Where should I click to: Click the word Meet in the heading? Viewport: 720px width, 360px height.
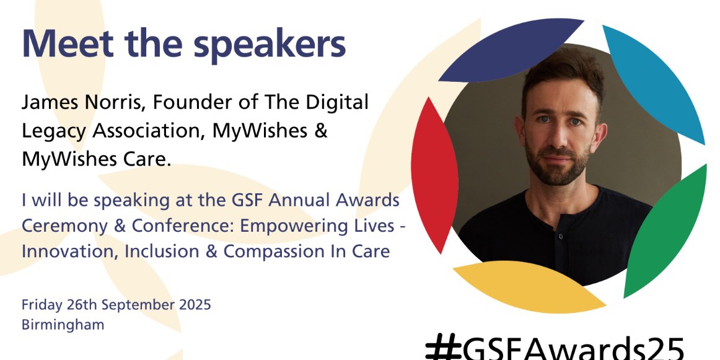pos(68,43)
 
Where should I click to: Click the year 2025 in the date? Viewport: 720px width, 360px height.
pos(194,305)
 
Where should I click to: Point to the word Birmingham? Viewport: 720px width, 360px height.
pos(63,325)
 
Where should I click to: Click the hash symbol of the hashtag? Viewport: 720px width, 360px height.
pos(444,348)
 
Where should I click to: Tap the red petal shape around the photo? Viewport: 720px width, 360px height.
pos(434,175)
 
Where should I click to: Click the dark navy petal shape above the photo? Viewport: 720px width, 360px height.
pos(511,51)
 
